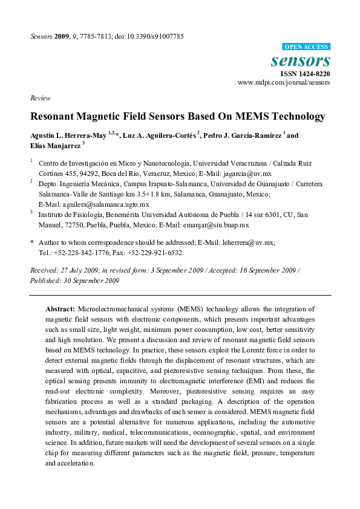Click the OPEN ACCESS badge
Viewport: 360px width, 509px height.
[x=306, y=47]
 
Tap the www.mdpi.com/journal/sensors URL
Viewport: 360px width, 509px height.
[x=284, y=82]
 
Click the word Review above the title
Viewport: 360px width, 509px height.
[x=39, y=97]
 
